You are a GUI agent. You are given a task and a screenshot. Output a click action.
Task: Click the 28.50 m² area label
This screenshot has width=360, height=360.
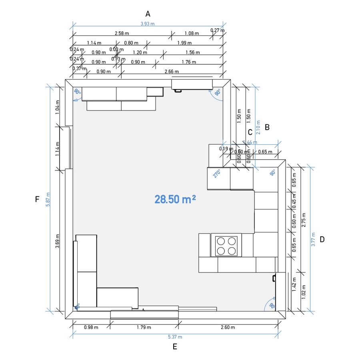(175, 199)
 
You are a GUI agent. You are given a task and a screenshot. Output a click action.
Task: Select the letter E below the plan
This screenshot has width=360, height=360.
(175, 347)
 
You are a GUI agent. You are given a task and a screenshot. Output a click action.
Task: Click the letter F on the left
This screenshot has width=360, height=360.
(37, 199)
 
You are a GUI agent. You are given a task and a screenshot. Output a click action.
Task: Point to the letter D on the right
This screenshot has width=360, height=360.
(322, 240)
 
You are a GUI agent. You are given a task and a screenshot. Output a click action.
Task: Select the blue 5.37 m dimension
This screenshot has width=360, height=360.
(175, 337)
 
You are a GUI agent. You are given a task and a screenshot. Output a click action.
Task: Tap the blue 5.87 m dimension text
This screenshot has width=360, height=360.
(48, 199)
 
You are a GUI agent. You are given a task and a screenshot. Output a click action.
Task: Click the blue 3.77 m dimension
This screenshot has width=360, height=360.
(314, 239)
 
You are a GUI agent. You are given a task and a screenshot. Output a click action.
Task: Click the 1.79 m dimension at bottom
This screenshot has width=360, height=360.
(144, 328)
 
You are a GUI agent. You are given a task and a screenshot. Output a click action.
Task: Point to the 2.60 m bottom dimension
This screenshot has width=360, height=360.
(228, 328)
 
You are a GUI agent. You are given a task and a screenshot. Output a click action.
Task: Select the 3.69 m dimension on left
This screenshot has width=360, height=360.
(58, 241)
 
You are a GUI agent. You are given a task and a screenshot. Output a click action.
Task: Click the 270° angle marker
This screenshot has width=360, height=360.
(217, 174)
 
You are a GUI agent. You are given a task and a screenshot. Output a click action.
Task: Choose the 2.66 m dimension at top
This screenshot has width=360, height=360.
(172, 72)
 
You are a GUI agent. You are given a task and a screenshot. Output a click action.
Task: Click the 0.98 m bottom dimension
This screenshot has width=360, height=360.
(91, 328)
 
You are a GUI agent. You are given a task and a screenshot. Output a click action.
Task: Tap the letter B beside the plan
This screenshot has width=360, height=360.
(267, 127)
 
